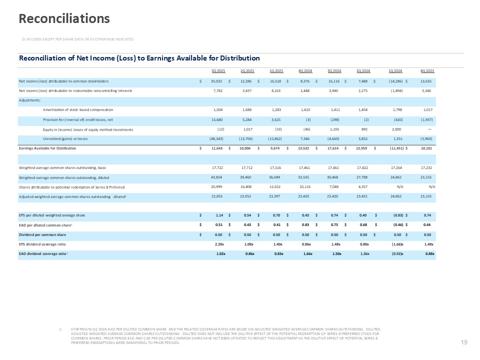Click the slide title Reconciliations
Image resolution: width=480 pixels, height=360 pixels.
(64, 18)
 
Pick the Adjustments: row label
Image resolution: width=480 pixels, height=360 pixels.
(31, 99)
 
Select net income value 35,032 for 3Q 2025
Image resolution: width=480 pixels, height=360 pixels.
(216, 80)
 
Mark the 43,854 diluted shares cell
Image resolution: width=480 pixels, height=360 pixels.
(216, 177)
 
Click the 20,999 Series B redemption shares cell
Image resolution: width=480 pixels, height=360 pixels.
(216, 186)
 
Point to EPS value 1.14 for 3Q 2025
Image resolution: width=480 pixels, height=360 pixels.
(218, 215)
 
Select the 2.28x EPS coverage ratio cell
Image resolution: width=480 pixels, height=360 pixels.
(218, 243)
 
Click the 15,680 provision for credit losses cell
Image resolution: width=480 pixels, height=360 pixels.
(216, 119)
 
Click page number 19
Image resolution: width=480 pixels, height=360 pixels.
(463, 342)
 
